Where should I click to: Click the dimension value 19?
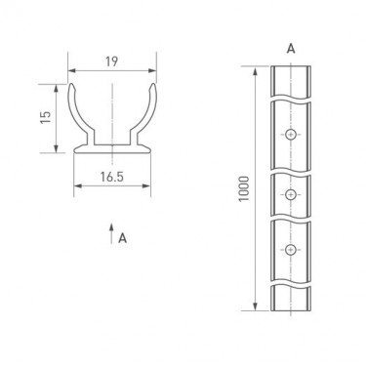tap(111, 61)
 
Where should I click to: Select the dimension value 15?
tap(46, 117)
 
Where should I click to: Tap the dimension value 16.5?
tap(111, 177)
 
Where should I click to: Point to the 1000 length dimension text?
tap(244, 188)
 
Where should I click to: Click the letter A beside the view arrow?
tap(122, 238)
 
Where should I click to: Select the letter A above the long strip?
tap(291, 49)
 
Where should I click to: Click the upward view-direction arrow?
tap(111, 233)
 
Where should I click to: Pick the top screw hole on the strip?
tap(291, 134)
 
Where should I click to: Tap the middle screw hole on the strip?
tap(291, 194)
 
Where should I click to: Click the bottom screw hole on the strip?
tap(291, 250)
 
